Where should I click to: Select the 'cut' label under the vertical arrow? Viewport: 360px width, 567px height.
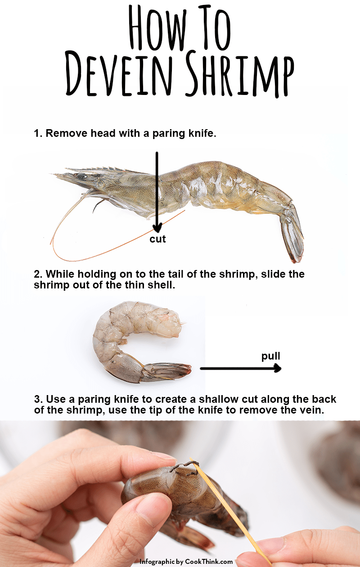pyautogui.click(x=157, y=239)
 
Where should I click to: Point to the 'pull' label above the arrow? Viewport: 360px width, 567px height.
pyautogui.click(x=271, y=356)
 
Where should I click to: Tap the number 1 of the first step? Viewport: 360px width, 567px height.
pyautogui.click(x=36, y=134)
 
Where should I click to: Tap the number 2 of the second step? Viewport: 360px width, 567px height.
pyautogui.click(x=36, y=274)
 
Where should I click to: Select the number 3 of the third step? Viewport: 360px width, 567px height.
pyautogui.click(x=36, y=400)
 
